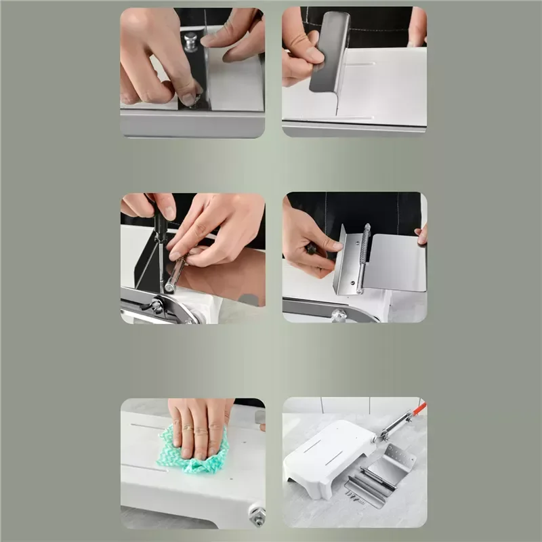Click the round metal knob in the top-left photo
[x=190, y=41]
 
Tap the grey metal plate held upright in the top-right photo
[x=330, y=51]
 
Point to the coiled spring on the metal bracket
[x=365, y=254]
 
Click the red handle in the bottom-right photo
[x=419, y=409]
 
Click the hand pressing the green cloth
[x=200, y=423]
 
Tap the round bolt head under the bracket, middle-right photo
[x=339, y=315]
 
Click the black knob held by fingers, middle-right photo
[x=312, y=249]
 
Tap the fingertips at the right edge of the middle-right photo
[x=422, y=234]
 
